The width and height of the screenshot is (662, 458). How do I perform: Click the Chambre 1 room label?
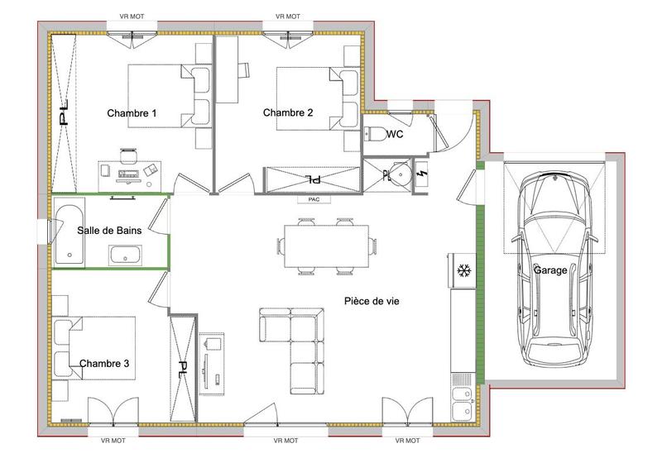[132, 112]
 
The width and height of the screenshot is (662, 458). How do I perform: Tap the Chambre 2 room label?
[288, 112]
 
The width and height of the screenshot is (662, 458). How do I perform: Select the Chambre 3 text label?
[104, 363]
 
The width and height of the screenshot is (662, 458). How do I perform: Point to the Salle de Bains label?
[109, 231]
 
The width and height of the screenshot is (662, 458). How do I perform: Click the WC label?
[395, 135]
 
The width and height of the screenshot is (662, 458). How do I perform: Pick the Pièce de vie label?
[372, 302]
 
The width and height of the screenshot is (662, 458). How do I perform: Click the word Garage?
[550, 270]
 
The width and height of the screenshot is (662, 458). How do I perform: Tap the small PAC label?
[314, 200]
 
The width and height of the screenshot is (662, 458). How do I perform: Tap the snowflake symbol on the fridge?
[463, 270]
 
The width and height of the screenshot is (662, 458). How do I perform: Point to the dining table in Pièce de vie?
[326, 246]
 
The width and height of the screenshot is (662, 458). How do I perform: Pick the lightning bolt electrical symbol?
[425, 174]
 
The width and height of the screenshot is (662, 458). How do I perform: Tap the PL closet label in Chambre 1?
[65, 115]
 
